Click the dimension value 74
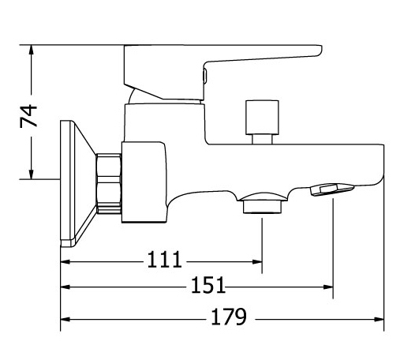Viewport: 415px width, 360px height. click(x=28, y=116)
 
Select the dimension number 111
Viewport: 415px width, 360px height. click(x=164, y=260)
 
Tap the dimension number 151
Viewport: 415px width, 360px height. click(x=208, y=285)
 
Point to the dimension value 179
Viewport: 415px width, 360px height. click(x=229, y=317)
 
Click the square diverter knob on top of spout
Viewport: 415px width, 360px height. click(x=262, y=118)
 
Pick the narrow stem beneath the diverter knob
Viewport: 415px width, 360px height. click(x=262, y=139)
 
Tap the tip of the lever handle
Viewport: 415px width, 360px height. click(x=320, y=51)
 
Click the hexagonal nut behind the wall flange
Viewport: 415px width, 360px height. click(x=109, y=183)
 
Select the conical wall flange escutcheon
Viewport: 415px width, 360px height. click(x=77, y=184)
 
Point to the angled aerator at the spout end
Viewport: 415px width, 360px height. click(x=333, y=189)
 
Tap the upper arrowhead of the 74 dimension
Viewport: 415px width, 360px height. click(x=32, y=50)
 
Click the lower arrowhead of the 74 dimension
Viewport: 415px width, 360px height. click(x=32, y=174)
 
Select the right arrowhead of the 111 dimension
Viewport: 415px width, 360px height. click(x=257, y=262)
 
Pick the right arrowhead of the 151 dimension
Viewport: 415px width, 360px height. click(x=328, y=287)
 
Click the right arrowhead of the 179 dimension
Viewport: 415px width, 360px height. click(x=379, y=319)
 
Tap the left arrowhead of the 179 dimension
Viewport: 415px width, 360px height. click(x=65, y=319)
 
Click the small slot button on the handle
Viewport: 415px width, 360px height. click(x=204, y=76)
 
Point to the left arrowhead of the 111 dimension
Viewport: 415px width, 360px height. click(x=65, y=262)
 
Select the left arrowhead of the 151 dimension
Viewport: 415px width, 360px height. click(x=65, y=287)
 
